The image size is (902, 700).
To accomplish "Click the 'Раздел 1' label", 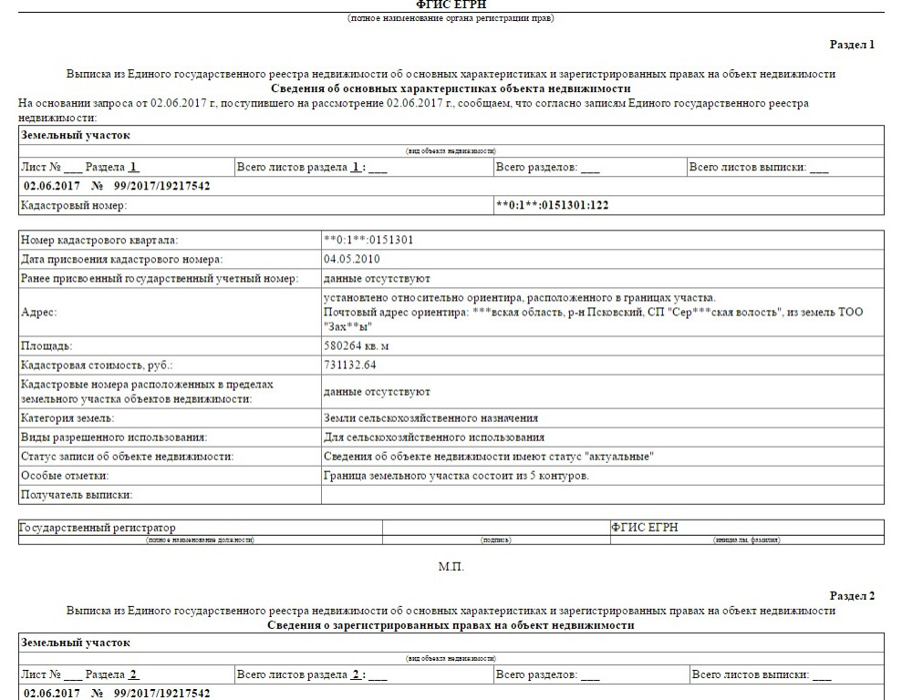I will tap(852, 44).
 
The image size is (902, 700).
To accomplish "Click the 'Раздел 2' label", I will tap(852, 595).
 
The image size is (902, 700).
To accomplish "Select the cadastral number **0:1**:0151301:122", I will tap(552, 205).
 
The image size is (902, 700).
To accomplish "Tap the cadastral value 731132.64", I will tap(350, 365).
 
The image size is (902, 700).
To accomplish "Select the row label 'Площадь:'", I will tap(46, 346).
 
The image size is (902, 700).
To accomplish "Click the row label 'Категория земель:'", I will tap(67, 418).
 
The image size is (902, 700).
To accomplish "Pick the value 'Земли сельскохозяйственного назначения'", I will tap(430, 418).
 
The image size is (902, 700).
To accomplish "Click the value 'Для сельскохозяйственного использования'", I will tap(433, 437).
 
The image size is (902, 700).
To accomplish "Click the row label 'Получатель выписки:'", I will tap(76, 494).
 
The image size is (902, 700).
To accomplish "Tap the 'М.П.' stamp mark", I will tap(451, 567).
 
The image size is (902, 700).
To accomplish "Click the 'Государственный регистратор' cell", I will tap(98, 528).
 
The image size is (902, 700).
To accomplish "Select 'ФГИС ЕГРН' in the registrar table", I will tap(645, 528).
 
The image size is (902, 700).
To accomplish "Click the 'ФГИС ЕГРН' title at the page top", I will tap(451, 5).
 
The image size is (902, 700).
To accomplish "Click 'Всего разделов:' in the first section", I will tap(537, 168).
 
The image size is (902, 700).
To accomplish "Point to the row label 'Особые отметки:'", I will tap(64, 476).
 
